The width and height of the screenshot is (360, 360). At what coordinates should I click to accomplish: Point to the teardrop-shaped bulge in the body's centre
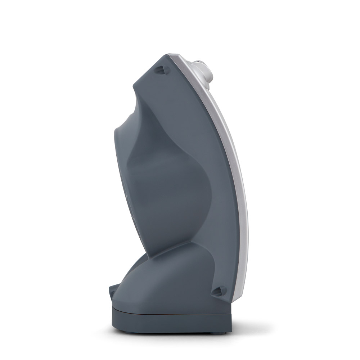(x=169, y=180)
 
